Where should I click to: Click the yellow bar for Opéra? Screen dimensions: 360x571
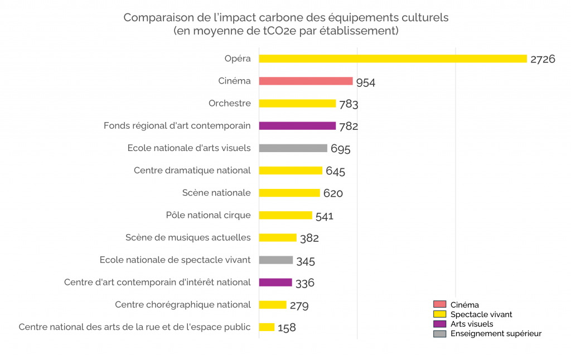(393, 59)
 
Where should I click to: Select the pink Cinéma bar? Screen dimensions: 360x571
(306, 81)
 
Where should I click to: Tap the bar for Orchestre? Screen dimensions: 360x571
(297, 103)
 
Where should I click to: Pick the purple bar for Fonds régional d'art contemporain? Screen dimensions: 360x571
(297, 126)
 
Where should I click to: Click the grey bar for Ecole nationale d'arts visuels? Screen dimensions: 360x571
(293, 148)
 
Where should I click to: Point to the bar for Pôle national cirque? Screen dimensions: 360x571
(285, 215)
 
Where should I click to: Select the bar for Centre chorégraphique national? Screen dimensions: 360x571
(273, 305)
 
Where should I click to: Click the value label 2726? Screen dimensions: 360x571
(543, 59)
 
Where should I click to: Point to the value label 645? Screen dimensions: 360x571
(335, 172)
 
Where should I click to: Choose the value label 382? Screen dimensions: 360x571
(309, 239)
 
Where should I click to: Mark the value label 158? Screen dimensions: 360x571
(287, 328)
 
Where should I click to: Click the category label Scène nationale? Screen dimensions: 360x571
(216, 193)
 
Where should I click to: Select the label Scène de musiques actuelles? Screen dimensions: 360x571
(188, 237)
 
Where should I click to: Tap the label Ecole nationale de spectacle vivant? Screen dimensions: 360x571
(175, 260)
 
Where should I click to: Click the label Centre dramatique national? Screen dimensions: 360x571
(192, 171)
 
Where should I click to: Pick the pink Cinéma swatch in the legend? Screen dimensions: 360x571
(439, 304)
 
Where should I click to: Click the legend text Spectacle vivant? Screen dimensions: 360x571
(481, 314)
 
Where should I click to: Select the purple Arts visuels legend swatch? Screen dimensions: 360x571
(439, 324)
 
